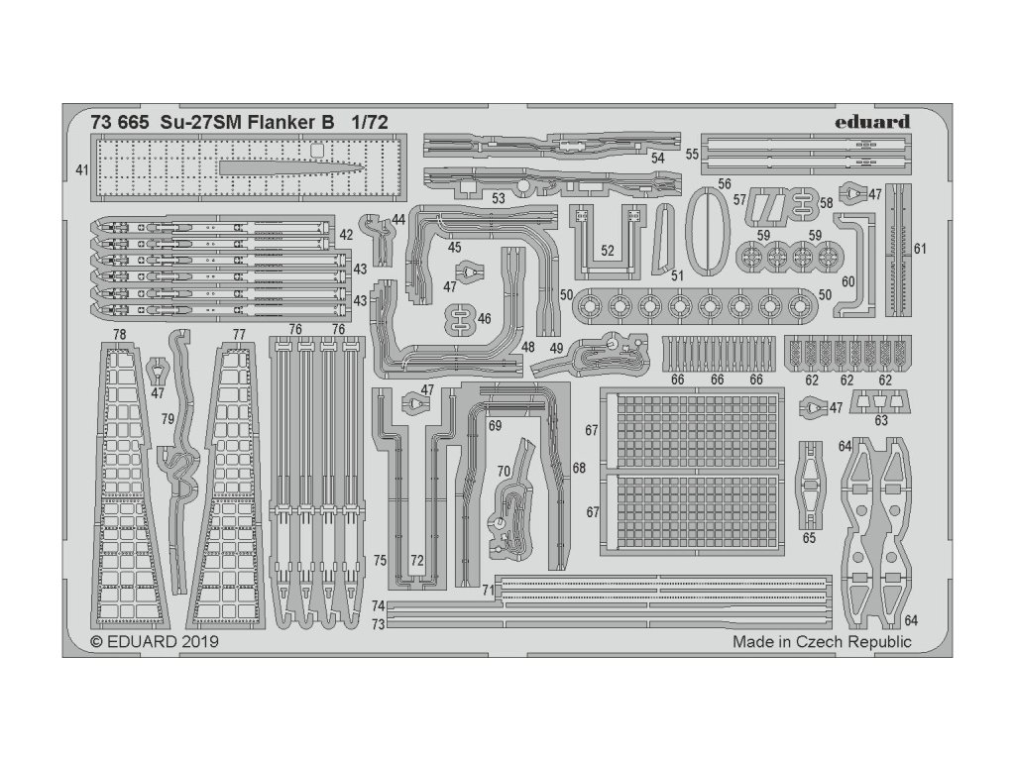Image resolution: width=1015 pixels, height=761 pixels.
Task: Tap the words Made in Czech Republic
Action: tap(822, 641)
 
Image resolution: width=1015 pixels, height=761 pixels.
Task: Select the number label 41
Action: tap(81, 170)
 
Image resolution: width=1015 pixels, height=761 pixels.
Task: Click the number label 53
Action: tap(499, 198)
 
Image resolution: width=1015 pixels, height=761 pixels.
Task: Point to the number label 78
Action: tap(120, 334)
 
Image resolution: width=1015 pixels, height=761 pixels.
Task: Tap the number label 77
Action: tap(238, 334)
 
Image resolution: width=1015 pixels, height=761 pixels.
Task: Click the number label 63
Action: tap(881, 420)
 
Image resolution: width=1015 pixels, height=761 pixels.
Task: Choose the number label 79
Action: tap(169, 420)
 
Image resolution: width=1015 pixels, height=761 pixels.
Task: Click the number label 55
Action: tap(692, 155)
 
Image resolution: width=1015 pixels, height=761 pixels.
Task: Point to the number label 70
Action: tap(503, 472)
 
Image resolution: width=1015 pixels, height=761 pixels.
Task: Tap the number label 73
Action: tap(378, 624)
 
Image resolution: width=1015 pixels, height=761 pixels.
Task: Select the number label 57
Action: tap(739, 199)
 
